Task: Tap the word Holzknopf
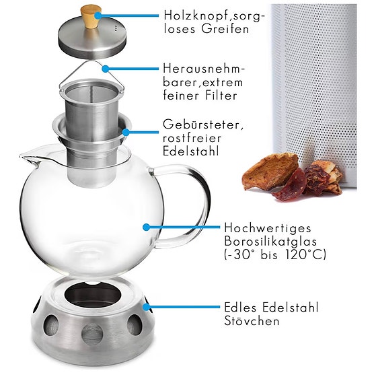(190, 15)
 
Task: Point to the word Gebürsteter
(198, 126)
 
